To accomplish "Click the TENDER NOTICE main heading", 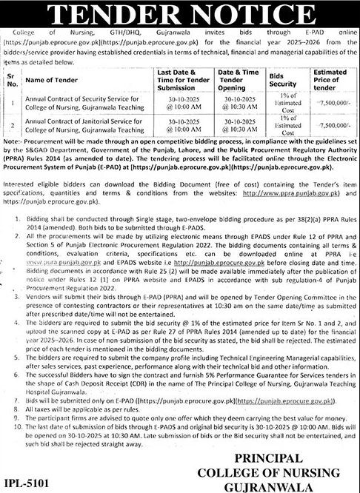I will (x=180, y=13).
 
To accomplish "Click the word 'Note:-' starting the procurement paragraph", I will (x=13, y=139).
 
